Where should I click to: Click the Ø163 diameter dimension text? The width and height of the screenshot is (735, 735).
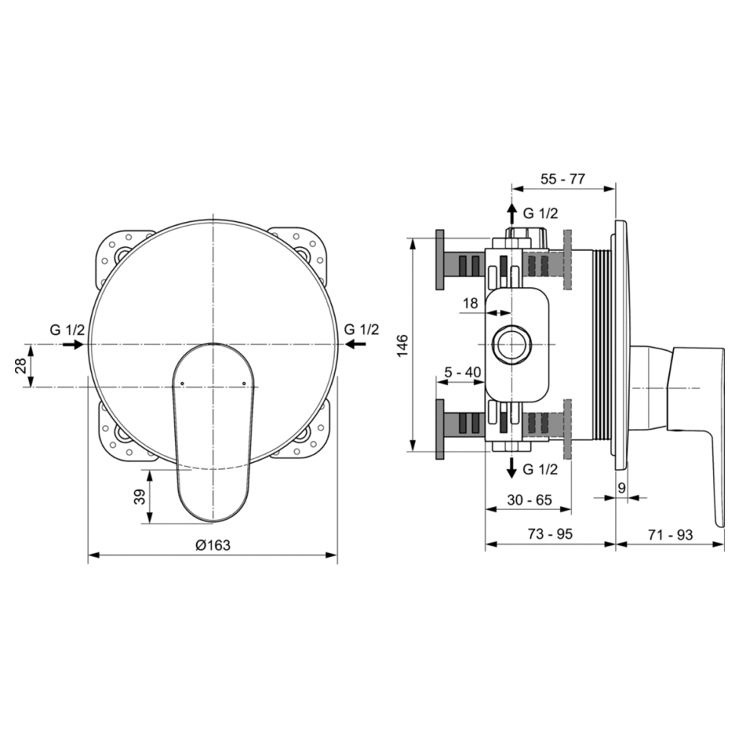(x=213, y=545)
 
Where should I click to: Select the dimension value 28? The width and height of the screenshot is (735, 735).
(x=21, y=365)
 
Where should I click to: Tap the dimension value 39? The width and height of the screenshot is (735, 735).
(x=139, y=497)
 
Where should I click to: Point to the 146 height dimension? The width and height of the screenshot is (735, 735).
(x=402, y=346)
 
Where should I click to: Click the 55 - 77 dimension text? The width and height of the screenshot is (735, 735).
(x=562, y=179)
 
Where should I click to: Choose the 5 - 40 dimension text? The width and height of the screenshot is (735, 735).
(x=462, y=372)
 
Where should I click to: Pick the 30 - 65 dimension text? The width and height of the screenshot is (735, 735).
(x=529, y=499)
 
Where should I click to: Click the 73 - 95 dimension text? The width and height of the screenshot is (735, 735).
(x=550, y=534)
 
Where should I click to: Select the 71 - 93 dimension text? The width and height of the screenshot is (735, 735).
(x=670, y=534)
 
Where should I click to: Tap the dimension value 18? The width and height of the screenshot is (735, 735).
(x=470, y=303)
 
